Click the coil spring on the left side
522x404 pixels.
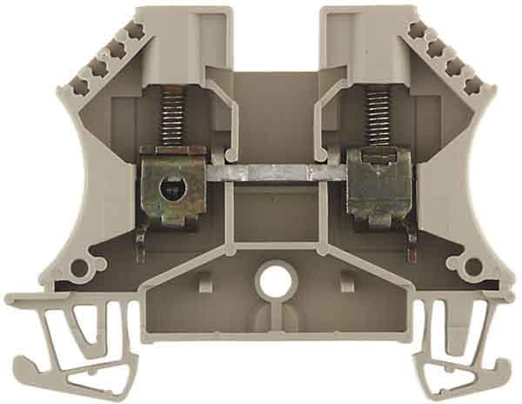[174, 118]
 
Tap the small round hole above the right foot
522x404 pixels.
[474, 266]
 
